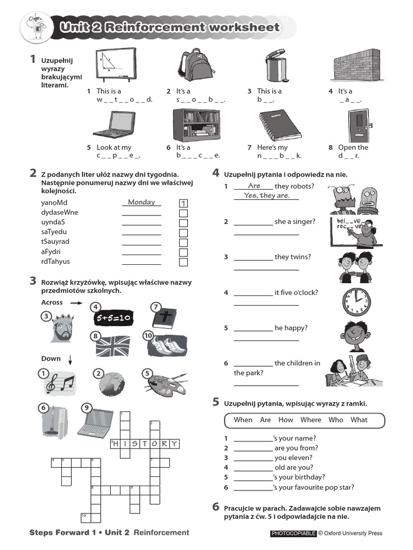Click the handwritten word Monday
pyautogui.click(x=141, y=202)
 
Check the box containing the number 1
pyautogui.click(x=183, y=204)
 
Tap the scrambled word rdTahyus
pyautogui.click(x=55, y=262)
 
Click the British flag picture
pyautogui.click(x=113, y=346)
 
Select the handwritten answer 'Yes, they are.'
pyautogui.click(x=266, y=196)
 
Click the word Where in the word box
pyautogui.click(x=311, y=420)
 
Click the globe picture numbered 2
pyautogui.click(x=112, y=383)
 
